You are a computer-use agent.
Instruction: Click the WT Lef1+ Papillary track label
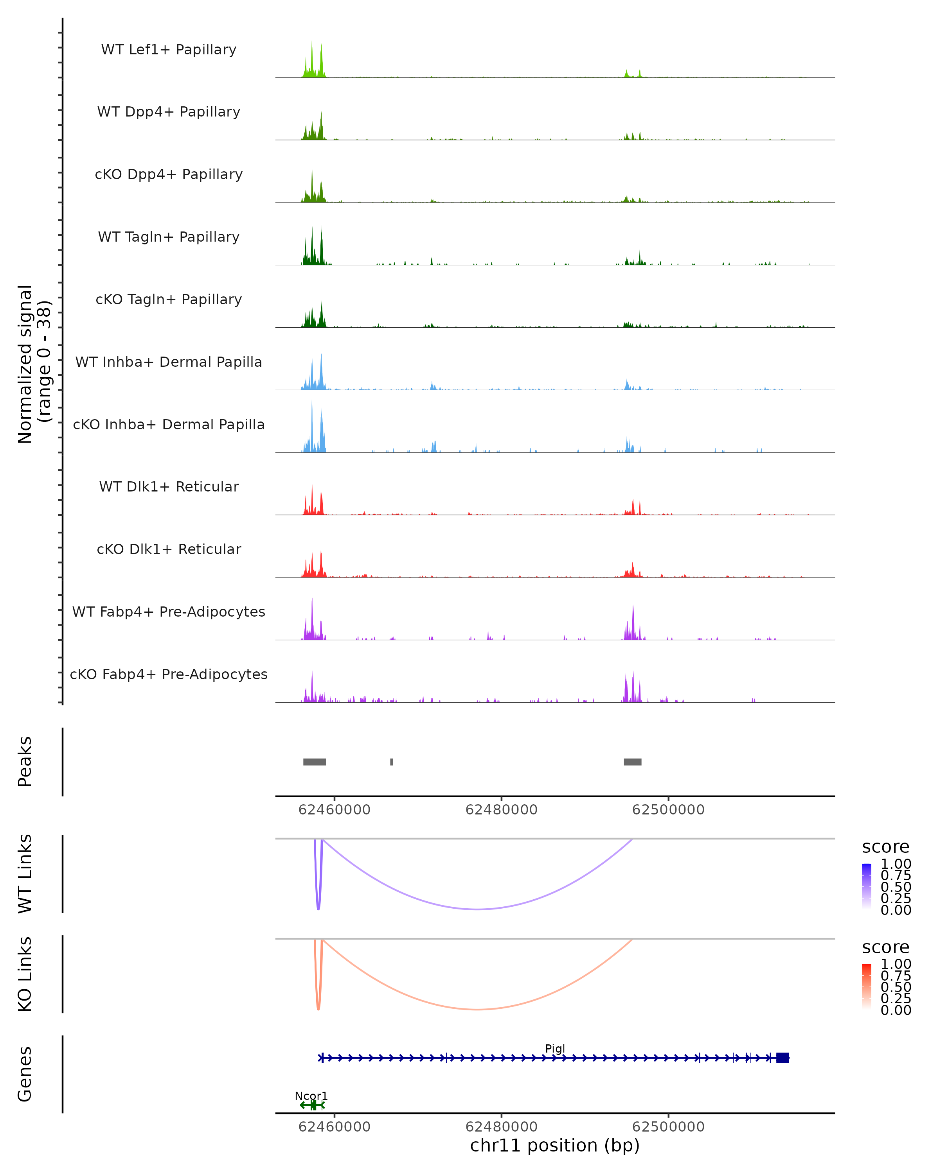point(169,50)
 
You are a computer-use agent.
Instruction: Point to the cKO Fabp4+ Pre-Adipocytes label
point(169,674)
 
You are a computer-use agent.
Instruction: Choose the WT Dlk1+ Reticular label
point(169,486)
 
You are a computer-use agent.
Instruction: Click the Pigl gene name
point(555,1048)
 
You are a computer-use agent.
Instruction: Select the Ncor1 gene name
point(311,1096)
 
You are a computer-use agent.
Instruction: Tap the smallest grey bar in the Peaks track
point(391,762)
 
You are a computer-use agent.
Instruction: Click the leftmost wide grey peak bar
point(315,762)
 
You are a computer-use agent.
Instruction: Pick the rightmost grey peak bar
point(633,762)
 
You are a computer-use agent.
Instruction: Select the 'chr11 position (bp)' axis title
point(555,1145)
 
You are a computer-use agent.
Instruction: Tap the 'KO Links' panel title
point(25,974)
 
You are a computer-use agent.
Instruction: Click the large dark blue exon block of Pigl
point(782,1058)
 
